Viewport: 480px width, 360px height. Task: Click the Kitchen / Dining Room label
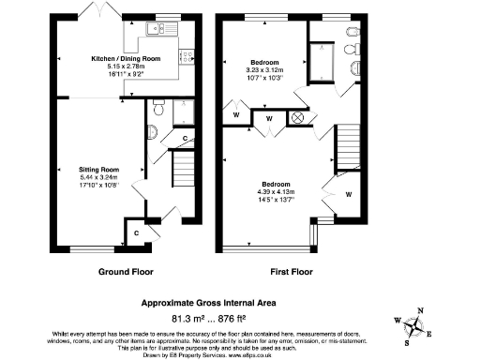[125, 58]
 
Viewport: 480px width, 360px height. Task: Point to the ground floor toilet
[157, 109]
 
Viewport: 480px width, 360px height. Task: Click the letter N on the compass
[420, 311]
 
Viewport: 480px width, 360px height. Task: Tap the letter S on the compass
[407, 342]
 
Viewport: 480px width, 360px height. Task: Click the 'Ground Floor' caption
[126, 272]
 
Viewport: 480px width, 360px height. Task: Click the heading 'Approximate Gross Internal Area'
[228, 303]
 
